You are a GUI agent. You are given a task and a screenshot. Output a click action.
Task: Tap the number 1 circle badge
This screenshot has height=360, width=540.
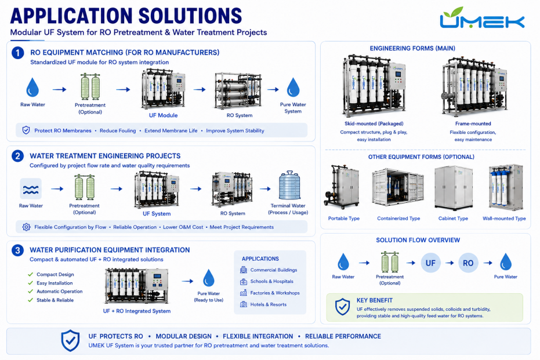(x=17, y=53)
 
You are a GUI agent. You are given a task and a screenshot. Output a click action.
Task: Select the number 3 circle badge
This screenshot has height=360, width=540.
(x=17, y=250)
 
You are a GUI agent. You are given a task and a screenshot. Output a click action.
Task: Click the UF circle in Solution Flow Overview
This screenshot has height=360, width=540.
(x=430, y=263)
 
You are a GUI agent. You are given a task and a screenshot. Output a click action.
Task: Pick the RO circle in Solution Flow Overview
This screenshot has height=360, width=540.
(x=468, y=263)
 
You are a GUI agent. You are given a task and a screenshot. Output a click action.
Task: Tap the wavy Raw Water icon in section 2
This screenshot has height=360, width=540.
(x=31, y=188)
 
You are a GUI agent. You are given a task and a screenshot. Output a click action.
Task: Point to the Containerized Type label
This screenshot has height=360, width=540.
(x=398, y=219)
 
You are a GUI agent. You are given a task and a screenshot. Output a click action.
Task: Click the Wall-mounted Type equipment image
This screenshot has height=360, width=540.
(x=506, y=188)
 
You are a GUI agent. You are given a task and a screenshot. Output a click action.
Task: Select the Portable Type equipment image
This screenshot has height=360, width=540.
(x=341, y=187)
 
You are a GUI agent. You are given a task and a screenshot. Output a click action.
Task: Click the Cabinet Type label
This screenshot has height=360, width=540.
(x=453, y=219)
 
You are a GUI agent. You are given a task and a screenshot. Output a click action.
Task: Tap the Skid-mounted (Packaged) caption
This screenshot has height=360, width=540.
(x=374, y=123)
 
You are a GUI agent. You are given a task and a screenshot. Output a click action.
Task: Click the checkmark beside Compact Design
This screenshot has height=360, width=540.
(x=30, y=274)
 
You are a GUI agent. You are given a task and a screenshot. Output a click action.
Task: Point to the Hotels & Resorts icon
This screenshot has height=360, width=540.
(x=244, y=304)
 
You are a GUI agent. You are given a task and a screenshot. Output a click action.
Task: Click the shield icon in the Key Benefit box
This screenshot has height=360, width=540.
(x=342, y=307)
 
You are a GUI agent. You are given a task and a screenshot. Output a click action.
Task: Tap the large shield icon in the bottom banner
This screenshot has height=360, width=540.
(x=70, y=340)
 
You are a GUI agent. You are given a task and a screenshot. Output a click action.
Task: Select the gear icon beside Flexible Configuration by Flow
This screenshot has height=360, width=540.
(x=26, y=227)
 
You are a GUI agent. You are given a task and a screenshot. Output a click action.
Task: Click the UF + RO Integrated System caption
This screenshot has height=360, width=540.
(x=137, y=311)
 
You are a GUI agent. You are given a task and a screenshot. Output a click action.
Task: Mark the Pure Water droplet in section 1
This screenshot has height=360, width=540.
(x=293, y=87)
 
